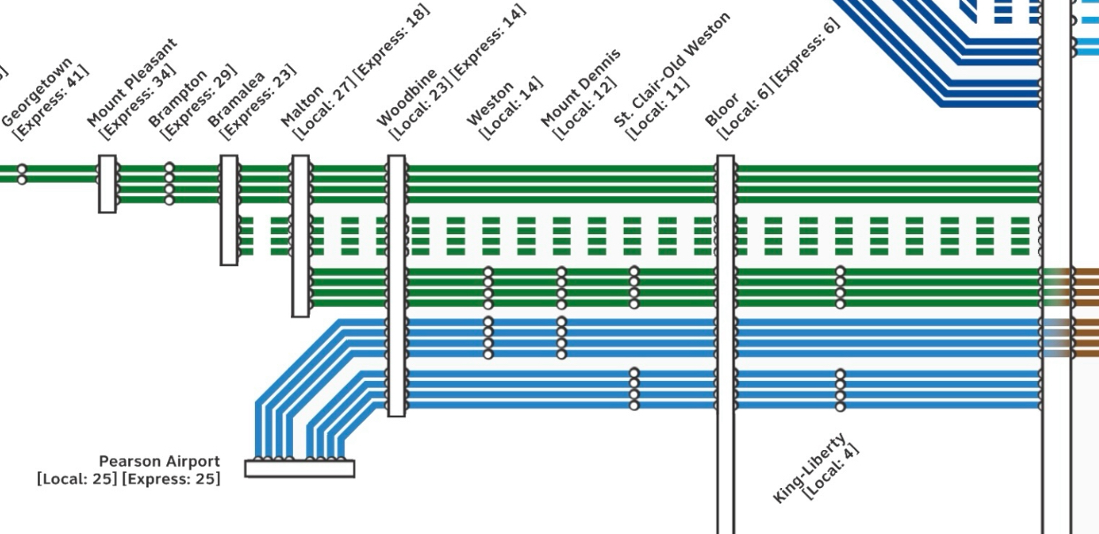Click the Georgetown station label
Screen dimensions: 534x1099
click(x=37, y=92)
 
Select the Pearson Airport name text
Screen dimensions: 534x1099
click(x=159, y=462)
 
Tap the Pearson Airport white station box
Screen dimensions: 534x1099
click(x=299, y=469)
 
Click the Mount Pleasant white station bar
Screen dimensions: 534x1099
click(x=107, y=184)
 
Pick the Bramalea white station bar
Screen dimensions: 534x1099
click(x=229, y=210)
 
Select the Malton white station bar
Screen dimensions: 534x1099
click(x=301, y=236)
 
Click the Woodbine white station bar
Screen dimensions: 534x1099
click(x=396, y=286)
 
